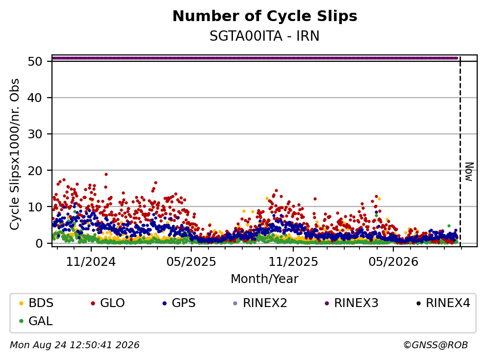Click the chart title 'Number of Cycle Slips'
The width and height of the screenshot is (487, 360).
(265, 17)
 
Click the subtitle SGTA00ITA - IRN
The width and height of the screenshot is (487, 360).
(264, 36)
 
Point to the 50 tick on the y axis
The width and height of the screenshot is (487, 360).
(35, 61)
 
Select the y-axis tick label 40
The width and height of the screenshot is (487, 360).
(35, 98)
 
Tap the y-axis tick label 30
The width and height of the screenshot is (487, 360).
(35, 134)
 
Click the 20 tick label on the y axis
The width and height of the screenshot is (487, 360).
(35, 171)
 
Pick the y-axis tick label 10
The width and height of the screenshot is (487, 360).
(35, 207)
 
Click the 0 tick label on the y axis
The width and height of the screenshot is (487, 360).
(39, 243)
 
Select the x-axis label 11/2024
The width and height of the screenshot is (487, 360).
(91, 262)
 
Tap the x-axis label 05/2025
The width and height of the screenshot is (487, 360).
(191, 262)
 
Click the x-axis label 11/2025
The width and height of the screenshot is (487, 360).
(293, 262)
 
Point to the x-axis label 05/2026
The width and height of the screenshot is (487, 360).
(393, 262)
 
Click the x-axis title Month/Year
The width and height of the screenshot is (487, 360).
(264, 279)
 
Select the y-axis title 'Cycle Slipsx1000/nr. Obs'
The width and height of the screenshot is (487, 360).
(14, 154)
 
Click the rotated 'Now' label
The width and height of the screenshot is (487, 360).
(469, 172)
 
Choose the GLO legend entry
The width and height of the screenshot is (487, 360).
(108, 303)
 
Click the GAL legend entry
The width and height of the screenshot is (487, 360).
(36, 321)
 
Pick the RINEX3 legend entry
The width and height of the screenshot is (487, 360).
(352, 303)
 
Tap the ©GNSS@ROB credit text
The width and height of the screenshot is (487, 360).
(436, 345)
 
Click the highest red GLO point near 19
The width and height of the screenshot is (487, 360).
(106, 175)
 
